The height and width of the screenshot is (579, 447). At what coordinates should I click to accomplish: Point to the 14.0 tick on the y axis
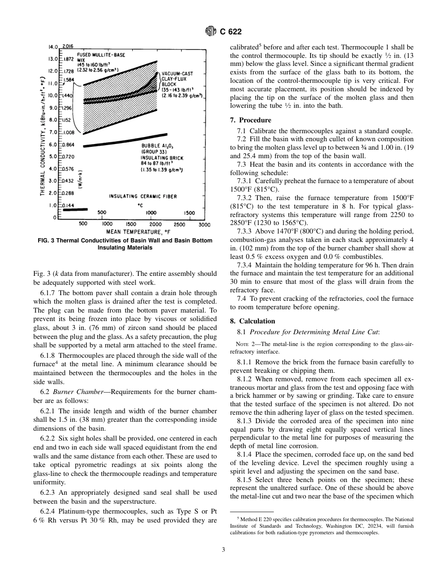[x=53, y=47]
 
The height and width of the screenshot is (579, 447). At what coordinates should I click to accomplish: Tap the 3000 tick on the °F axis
[x=204, y=225]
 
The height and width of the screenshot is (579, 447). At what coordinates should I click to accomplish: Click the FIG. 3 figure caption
[x=124, y=244]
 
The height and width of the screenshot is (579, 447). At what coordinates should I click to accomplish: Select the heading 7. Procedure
[x=250, y=120]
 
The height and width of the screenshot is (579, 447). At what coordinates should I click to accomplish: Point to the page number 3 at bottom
[x=223, y=549]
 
